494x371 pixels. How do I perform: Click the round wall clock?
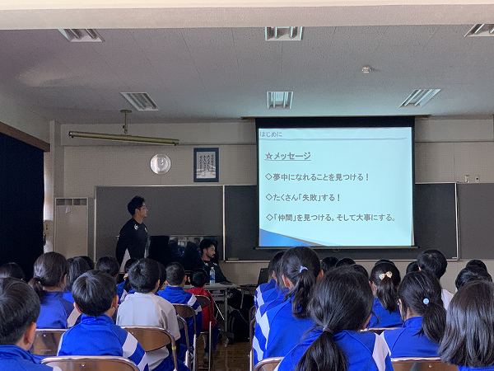click(161, 164)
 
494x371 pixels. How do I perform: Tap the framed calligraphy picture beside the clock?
click(206, 165)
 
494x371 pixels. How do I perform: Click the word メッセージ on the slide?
click(291, 156)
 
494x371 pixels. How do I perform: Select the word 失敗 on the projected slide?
click(310, 198)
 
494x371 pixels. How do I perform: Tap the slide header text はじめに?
click(271, 134)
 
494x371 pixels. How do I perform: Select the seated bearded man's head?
click(208, 249)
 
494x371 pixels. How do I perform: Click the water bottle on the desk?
click(212, 275)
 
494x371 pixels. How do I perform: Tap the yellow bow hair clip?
click(385, 275)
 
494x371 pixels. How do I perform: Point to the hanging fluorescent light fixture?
click(123, 138)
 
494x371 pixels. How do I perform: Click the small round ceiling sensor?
click(366, 69)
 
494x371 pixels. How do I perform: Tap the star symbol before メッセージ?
click(268, 156)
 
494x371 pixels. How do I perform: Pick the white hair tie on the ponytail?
click(303, 269)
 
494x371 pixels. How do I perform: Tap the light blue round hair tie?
click(426, 301)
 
